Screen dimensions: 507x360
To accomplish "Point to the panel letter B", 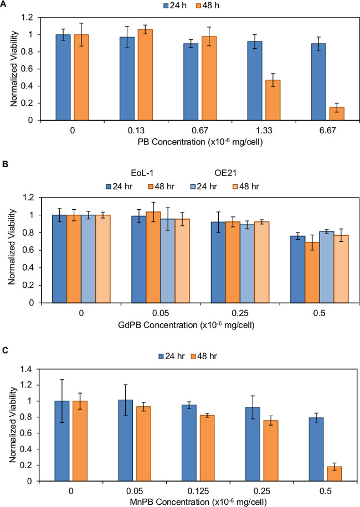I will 4,164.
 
